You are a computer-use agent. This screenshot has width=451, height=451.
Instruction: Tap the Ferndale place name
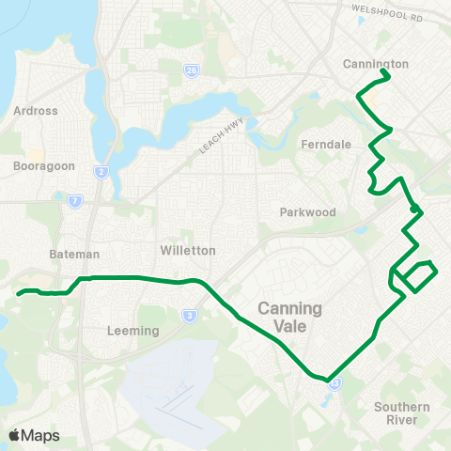[324, 145]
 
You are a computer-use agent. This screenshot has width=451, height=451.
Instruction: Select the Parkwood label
[307, 212]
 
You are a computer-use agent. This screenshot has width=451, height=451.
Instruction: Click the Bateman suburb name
[73, 255]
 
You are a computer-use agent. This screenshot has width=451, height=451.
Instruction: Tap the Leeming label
[132, 331]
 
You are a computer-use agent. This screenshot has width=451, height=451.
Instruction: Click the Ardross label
[36, 110]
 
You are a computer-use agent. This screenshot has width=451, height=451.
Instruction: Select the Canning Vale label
[289, 317]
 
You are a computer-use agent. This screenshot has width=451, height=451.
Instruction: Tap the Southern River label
[401, 412]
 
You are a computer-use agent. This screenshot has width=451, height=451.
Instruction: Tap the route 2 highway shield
[101, 172]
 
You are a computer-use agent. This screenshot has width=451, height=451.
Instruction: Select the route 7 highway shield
[75, 200]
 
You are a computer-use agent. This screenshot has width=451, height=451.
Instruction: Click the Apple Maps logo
[34, 435]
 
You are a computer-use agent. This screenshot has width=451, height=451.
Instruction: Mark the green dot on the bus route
[413, 209]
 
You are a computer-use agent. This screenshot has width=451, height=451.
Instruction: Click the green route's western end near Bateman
[19, 293]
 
